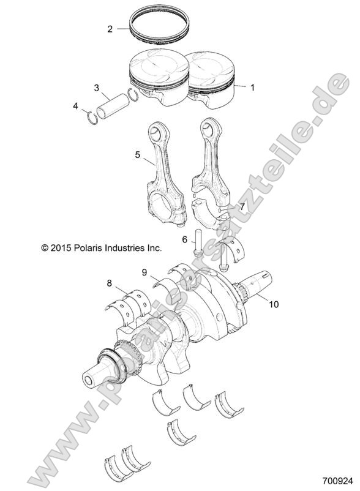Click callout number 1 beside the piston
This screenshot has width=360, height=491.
(253, 88)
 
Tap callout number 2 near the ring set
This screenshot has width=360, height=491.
(110, 29)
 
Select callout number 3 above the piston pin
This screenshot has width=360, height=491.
(97, 88)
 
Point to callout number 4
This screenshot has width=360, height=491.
(76, 106)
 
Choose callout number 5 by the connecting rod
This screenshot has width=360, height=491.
(138, 155)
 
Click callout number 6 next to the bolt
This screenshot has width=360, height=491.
(184, 239)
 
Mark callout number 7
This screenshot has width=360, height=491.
(242, 207)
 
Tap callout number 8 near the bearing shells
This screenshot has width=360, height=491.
(110, 283)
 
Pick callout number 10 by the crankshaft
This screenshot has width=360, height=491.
(272, 303)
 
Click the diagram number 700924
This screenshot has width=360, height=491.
(336, 482)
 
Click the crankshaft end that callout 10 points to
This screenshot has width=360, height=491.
(255, 287)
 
